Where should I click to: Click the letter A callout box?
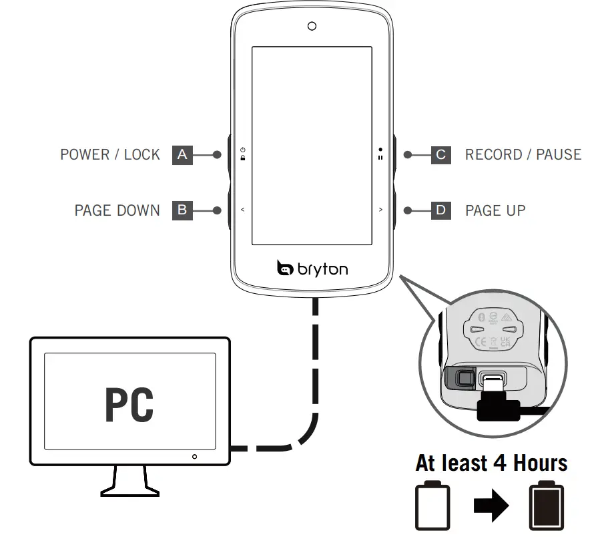point(182,155)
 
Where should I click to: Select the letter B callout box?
point(182,210)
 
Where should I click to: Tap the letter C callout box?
point(440,155)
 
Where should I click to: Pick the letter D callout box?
point(440,210)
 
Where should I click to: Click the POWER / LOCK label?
point(110,155)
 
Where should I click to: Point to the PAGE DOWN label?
point(117,210)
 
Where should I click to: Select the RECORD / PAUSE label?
point(523,155)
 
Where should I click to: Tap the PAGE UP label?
point(495,210)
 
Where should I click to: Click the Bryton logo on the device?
point(312,269)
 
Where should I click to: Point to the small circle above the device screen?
point(312,26)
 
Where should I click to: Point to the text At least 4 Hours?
point(491,463)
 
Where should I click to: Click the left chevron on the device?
point(243,210)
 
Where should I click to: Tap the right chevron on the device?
point(380,210)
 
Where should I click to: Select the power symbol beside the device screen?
point(243,150)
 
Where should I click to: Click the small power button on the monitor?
point(194,457)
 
